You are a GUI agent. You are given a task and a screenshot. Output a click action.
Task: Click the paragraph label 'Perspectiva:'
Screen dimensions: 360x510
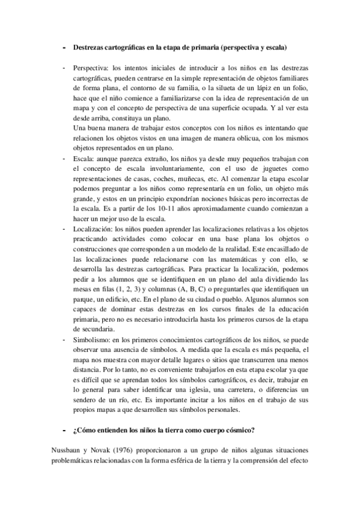point(90,68)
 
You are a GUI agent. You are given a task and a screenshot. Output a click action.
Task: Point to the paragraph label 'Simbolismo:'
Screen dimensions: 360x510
point(90,339)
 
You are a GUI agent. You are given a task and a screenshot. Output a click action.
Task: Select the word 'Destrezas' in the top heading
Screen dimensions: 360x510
point(91,46)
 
